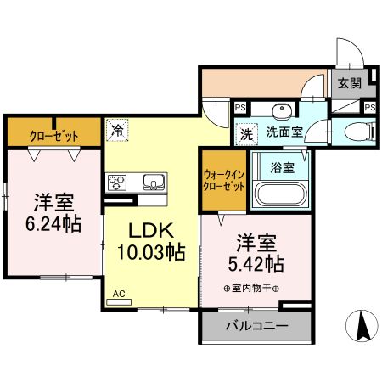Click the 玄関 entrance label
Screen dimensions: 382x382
348,83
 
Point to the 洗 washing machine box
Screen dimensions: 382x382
245,132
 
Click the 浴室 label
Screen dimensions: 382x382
283,167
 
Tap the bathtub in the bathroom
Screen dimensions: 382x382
281,194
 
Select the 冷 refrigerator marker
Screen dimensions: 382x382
116,132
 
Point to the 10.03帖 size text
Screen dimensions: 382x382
151,252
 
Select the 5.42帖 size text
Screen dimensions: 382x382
256,262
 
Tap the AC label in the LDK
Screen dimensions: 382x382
119,294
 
